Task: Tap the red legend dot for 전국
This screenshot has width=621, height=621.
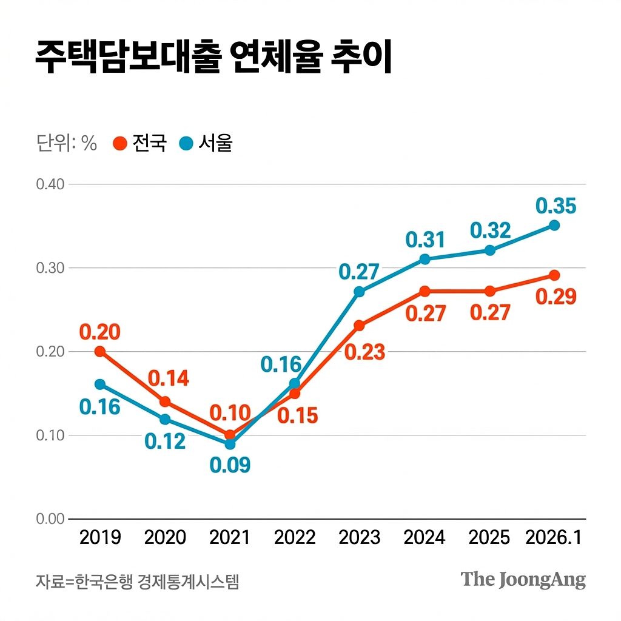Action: coord(120,144)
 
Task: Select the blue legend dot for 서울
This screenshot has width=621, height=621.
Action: coord(186,144)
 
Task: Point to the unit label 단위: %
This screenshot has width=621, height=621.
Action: coord(66,144)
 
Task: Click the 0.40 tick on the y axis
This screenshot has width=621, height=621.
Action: coord(50,184)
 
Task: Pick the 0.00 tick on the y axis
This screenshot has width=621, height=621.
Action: coord(50,519)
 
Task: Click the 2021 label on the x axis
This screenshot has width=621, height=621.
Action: coord(229,537)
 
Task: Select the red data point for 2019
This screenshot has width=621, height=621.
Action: coord(100,351)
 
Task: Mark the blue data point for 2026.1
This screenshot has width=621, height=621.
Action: coord(554,225)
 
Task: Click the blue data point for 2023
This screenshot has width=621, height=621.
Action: coord(359,292)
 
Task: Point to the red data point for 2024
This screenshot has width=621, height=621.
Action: coord(425,291)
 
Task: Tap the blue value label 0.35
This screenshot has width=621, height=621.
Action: coord(556,206)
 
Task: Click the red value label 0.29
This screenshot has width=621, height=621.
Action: coord(556,297)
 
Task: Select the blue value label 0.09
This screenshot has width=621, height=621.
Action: coord(230,466)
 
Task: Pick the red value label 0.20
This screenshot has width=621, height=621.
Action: coord(100,332)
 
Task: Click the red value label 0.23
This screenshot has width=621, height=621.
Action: coord(364,352)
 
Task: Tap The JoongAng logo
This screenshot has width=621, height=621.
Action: coord(523,580)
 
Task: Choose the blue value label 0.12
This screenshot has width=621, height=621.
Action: coord(165,441)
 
